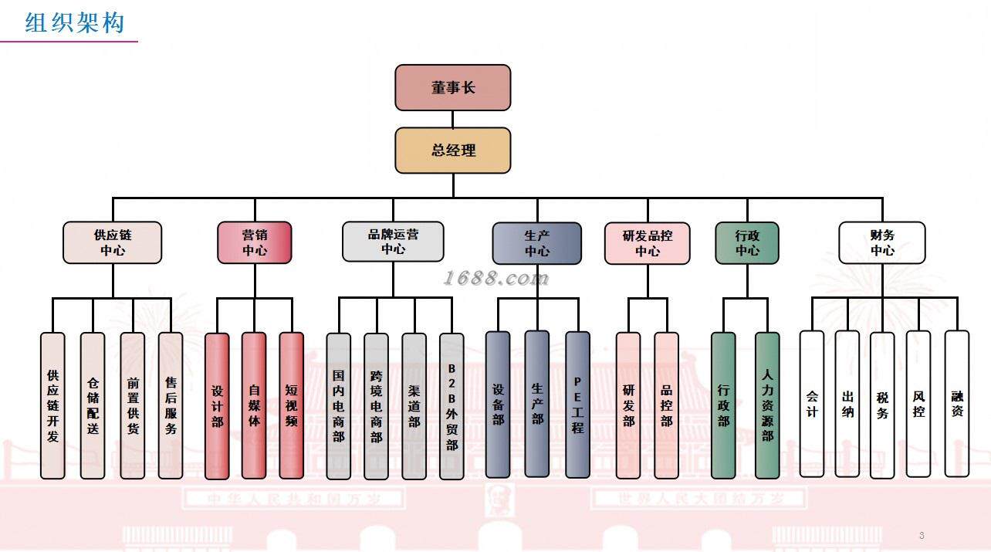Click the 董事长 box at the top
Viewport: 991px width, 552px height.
coord(453,87)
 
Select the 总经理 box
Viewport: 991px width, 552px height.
coord(453,150)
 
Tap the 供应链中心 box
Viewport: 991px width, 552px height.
coord(113,242)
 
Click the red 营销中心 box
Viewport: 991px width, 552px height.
coord(255,242)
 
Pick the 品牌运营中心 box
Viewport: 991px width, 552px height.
coord(393,242)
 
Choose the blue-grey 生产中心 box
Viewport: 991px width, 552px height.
coord(537,243)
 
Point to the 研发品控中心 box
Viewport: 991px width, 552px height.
coord(648,243)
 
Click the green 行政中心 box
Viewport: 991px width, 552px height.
coord(747,243)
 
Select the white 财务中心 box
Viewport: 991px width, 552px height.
coord(882,242)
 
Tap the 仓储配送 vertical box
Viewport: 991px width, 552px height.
coord(93,405)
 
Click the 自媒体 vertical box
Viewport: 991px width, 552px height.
coord(254,405)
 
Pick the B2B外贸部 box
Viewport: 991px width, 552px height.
coord(452,406)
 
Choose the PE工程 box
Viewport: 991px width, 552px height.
coord(577,405)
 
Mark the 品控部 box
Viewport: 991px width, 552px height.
coord(667,405)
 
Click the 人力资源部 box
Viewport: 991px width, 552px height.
coord(767,405)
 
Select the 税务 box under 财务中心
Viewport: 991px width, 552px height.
coord(882,405)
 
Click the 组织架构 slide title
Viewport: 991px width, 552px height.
coord(75,23)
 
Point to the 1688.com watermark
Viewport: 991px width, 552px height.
coord(497,278)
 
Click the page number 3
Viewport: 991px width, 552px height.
coord(922,535)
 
